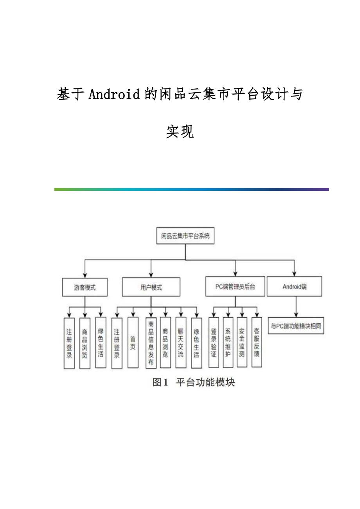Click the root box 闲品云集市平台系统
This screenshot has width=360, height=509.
(x=185, y=236)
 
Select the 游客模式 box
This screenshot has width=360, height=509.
(x=85, y=287)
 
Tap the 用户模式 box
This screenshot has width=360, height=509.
(x=151, y=287)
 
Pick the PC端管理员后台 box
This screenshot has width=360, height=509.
(x=235, y=287)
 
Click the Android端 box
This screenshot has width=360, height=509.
(x=295, y=287)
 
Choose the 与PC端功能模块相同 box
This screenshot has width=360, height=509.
(x=296, y=326)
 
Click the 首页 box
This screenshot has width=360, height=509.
(x=133, y=342)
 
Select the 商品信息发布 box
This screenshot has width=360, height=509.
(x=151, y=342)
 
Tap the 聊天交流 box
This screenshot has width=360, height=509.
(x=181, y=342)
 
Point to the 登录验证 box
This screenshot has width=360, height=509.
(x=214, y=342)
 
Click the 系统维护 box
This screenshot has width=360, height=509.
(x=228, y=342)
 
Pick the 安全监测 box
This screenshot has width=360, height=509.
(x=242, y=342)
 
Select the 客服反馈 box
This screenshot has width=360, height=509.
(x=257, y=342)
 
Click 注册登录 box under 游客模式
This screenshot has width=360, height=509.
(x=69, y=343)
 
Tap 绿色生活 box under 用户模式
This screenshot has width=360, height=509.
(x=196, y=342)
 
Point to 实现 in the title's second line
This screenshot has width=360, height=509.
(x=180, y=132)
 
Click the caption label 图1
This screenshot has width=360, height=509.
(x=160, y=382)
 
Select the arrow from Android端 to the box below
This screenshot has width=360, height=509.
(x=296, y=307)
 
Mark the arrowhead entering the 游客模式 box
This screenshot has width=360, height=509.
(x=85, y=274)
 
